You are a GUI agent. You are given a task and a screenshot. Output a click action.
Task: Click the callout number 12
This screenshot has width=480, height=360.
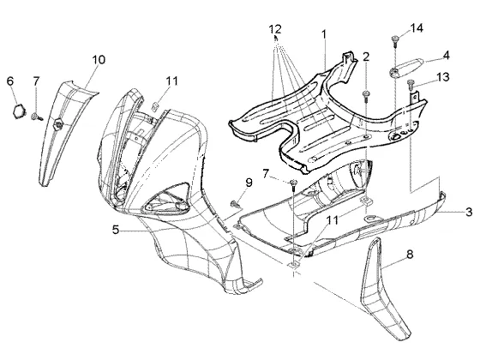coord(275,29)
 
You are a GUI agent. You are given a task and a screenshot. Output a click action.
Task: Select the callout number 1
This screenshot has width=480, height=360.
coord(324,34)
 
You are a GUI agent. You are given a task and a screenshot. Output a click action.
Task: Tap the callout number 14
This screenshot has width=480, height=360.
coord(417,28)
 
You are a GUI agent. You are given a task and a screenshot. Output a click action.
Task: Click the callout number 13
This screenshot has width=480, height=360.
coord(442,77)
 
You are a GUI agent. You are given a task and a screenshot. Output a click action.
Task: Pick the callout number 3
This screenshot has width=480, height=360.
coord(469,212)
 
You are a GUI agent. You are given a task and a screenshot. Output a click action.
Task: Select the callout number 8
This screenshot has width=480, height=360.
coord(410,254)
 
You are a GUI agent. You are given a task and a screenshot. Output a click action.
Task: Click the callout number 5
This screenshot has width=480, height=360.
coord(116,230)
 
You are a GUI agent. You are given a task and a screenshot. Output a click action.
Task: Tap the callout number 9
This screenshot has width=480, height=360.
coord(249,183)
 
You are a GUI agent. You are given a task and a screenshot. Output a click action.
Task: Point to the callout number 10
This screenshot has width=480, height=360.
coord(99,59)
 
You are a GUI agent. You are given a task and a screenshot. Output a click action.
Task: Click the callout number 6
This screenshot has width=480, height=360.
coord(10,81)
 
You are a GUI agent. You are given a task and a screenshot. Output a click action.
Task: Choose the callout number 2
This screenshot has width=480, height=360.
coord(366,57)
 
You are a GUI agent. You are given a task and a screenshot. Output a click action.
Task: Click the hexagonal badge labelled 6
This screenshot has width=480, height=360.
coord(18,111)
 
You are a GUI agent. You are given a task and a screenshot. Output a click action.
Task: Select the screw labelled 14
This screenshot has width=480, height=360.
coord(395,41)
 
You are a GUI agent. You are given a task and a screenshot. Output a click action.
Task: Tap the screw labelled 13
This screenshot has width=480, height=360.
coord(411,84)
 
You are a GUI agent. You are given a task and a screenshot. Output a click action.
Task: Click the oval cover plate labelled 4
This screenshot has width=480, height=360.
coord(407,65)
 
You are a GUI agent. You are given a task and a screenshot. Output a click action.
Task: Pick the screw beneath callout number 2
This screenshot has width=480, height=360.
coord(365,95)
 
